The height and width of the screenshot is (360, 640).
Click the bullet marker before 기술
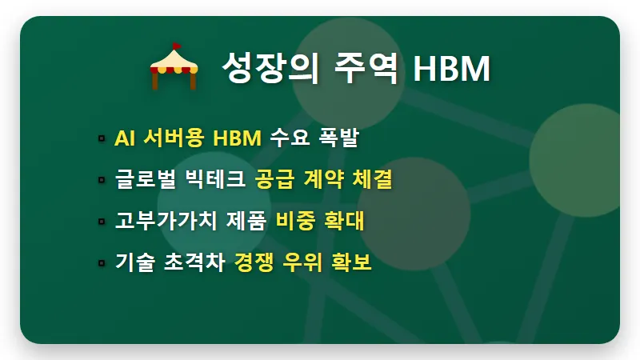102,262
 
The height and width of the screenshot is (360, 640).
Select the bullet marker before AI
102,139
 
